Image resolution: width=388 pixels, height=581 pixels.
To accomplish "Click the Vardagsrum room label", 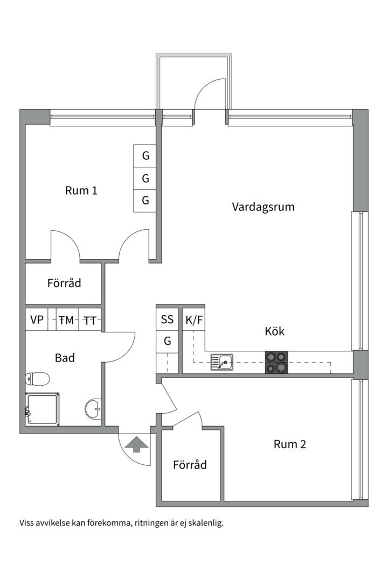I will click(x=263, y=207).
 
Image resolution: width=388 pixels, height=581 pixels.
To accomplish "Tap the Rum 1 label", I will click(x=81, y=190).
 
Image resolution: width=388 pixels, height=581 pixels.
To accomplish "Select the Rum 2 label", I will click(x=290, y=444).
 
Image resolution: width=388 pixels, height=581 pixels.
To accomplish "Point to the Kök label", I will click(x=274, y=331).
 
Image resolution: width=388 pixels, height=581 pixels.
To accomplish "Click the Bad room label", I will click(x=65, y=358).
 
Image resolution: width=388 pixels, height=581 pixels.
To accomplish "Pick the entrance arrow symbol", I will click(x=137, y=444).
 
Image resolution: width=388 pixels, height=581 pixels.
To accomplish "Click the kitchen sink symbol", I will click(x=221, y=362).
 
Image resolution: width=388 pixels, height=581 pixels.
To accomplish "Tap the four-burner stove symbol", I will click(x=276, y=362).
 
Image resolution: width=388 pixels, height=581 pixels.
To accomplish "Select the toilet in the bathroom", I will click(x=37, y=379).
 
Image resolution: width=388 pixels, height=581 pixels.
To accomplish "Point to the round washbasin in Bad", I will click(x=93, y=408).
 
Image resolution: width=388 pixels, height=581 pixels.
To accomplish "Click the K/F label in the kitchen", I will click(x=194, y=320).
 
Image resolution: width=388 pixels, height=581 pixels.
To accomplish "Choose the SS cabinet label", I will click(x=168, y=320).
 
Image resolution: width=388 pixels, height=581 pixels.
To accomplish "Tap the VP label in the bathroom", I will click(x=37, y=321).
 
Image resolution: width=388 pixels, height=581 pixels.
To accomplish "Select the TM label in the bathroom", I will click(x=66, y=321).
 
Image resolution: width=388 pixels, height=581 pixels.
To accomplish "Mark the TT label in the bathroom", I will click(x=90, y=321).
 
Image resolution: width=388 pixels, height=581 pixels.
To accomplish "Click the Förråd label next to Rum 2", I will click(x=190, y=465).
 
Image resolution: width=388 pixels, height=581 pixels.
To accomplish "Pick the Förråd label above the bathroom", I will click(x=64, y=283).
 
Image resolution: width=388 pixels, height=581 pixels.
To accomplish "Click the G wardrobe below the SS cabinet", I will click(x=168, y=341).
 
